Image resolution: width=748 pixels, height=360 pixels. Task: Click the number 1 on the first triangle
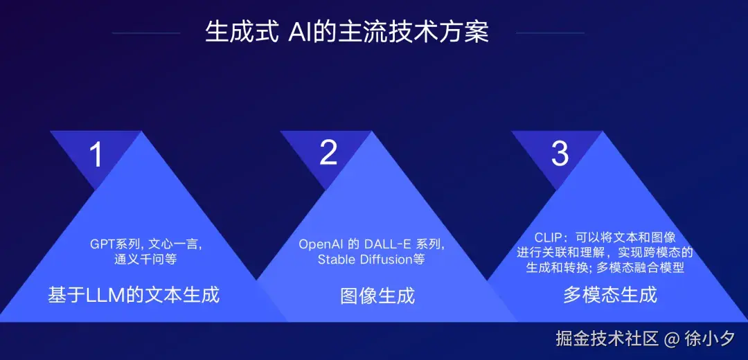(x=96, y=154)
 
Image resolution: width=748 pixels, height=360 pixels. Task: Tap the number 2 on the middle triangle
(x=328, y=153)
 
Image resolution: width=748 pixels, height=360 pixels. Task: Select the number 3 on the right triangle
(x=560, y=154)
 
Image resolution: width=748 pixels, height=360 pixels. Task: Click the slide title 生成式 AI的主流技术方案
(x=347, y=33)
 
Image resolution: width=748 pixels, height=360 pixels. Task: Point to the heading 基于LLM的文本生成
(x=134, y=294)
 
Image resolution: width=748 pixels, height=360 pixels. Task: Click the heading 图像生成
(x=377, y=296)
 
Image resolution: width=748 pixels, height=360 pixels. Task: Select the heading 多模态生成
(x=610, y=295)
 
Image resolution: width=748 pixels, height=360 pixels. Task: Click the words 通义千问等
(x=146, y=260)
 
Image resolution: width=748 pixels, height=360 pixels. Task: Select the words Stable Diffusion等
(x=371, y=260)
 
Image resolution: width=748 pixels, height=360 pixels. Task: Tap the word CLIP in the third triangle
(x=548, y=236)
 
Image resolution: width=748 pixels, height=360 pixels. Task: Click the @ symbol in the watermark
(x=670, y=339)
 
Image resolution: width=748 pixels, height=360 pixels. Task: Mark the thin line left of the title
(x=146, y=33)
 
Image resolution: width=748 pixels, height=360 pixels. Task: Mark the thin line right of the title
(x=550, y=33)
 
